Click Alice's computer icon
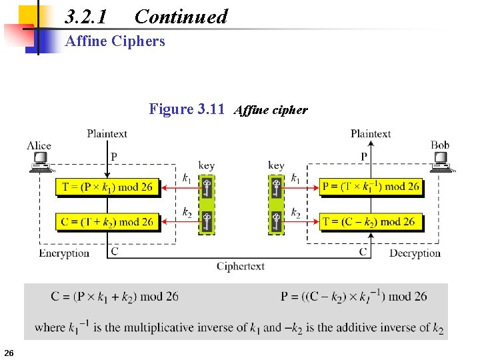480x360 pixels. [40, 161]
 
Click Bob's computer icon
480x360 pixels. [441, 161]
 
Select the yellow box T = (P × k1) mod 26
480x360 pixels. [107, 187]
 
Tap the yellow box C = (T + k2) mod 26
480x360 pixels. [107, 222]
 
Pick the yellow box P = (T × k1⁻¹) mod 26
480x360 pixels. [371, 187]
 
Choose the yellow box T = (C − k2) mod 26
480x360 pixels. [371, 222]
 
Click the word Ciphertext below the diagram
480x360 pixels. [240, 266]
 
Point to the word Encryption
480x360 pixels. [64, 253]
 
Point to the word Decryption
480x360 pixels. [415, 253]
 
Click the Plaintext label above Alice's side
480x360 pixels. [107, 134]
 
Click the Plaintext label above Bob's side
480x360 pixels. [371, 134]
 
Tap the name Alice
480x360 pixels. [39, 145]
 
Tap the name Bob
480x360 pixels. [440, 145]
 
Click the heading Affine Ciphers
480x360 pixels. [115, 41]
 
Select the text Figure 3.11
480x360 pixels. [187, 109]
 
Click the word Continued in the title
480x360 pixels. [181, 17]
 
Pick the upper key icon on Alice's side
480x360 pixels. [207, 187]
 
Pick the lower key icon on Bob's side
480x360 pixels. [276, 222]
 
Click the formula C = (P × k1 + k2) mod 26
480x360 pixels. [115, 296]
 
